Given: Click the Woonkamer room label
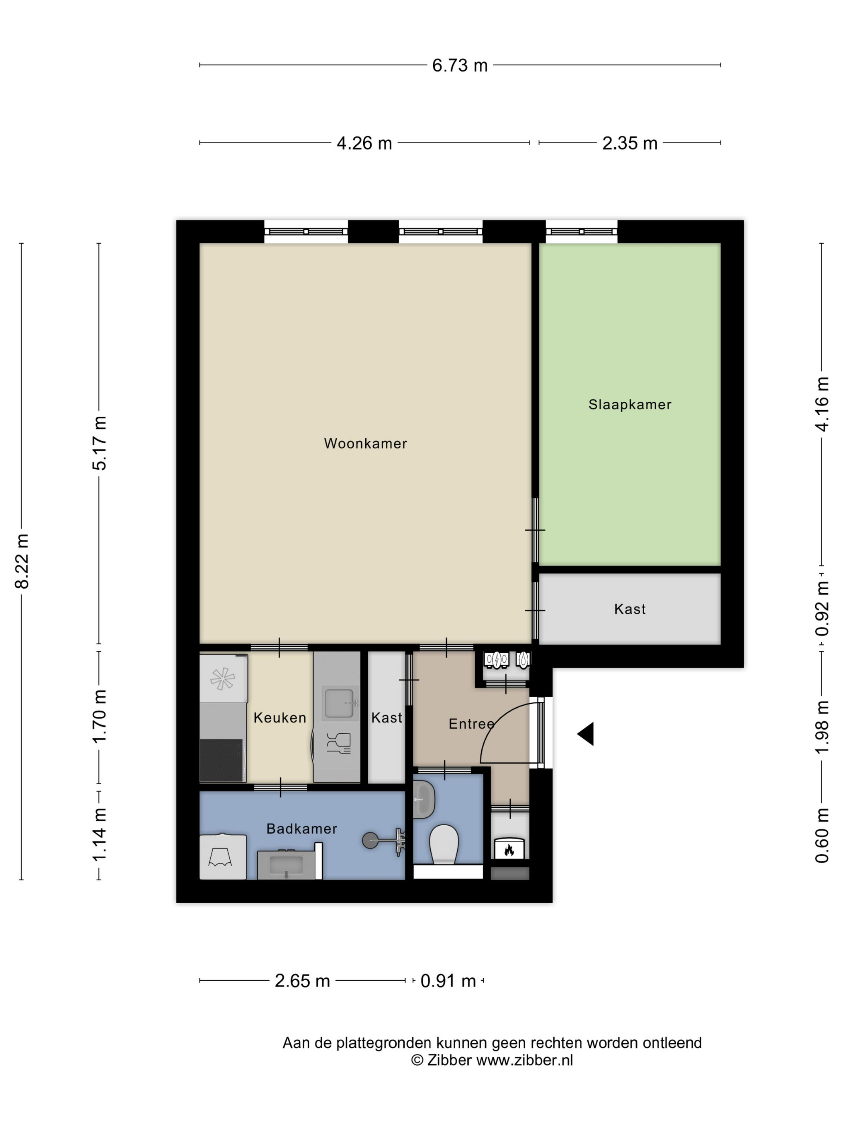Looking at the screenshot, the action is [x=365, y=444].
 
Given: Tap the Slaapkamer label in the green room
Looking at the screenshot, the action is [x=629, y=405].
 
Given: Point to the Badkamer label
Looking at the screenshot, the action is [x=302, y=829].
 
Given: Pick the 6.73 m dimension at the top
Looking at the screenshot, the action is [x=460, y=65].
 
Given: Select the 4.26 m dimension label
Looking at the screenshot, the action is [x=364, y=143].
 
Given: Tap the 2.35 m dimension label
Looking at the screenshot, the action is [x=629, y=143].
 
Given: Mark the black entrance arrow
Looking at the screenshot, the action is [x=585, y=734].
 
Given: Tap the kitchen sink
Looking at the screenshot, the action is [x=339, y=703].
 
